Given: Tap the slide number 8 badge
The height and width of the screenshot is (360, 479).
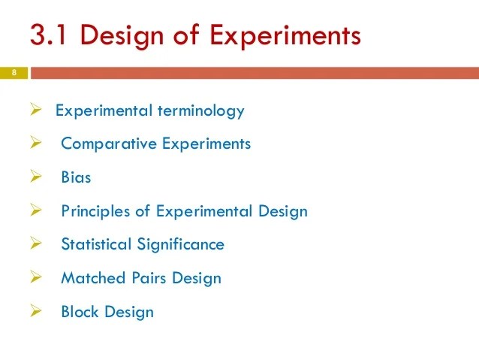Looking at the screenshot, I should point(13,73).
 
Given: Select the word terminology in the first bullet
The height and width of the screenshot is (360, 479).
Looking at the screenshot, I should point(200,110).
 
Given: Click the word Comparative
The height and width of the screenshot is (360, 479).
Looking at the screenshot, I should point(109,144).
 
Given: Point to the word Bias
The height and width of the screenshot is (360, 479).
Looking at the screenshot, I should point(76,177).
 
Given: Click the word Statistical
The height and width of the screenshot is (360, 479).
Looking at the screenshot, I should point(97,244).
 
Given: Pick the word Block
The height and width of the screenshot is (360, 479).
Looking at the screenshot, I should point(80,311).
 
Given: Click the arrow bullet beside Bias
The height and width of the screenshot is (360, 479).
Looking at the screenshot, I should point(35,177).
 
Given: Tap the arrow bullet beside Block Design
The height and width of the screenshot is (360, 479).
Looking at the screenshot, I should point(35,311).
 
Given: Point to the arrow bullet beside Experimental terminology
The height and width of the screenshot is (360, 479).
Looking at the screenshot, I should point(35,110).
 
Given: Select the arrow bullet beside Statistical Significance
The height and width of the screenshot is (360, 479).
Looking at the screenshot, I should point(35,244).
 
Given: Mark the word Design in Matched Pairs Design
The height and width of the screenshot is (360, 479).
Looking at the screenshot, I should point(197,278).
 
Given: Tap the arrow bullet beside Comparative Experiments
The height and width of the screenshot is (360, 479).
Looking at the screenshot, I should point(35,144).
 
